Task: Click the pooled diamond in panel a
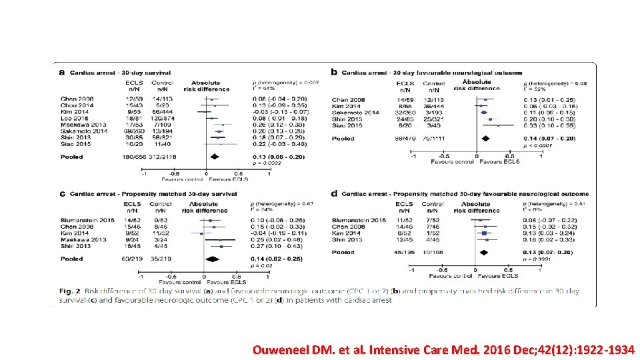coord(215,157)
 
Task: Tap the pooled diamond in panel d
coord(485,252)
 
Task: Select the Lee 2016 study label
coord(73,118)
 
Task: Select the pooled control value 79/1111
coord(435,139)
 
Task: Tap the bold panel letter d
coord(333,194)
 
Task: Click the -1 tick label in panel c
coord(140,277)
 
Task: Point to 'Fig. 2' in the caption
coord(69,291)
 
